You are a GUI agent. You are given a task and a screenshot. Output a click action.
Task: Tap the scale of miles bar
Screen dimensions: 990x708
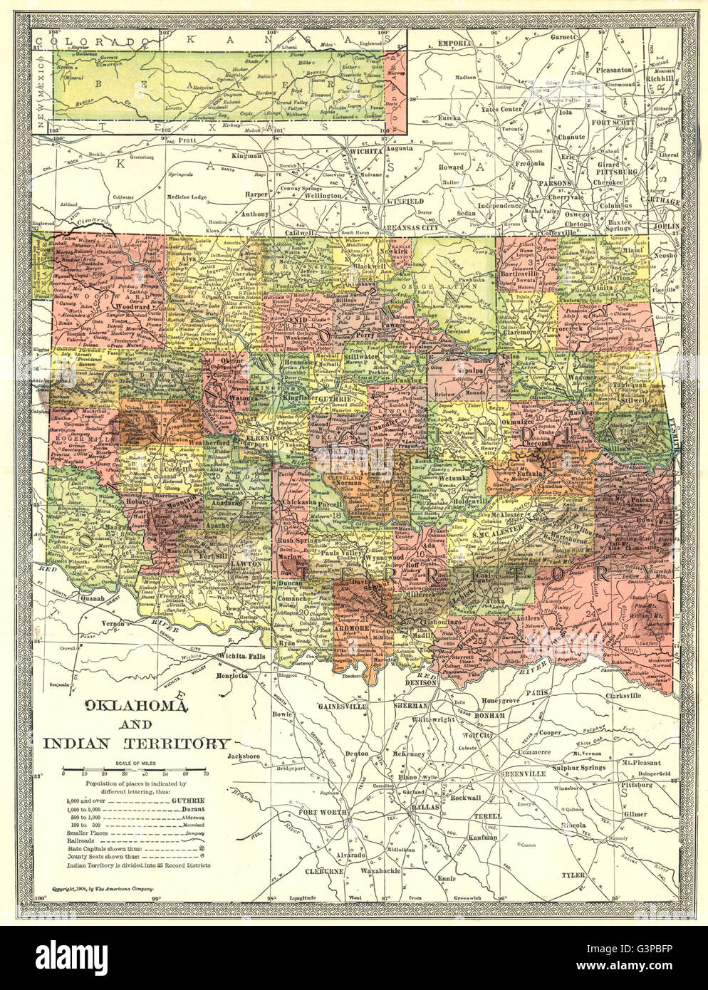(135, 772)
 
